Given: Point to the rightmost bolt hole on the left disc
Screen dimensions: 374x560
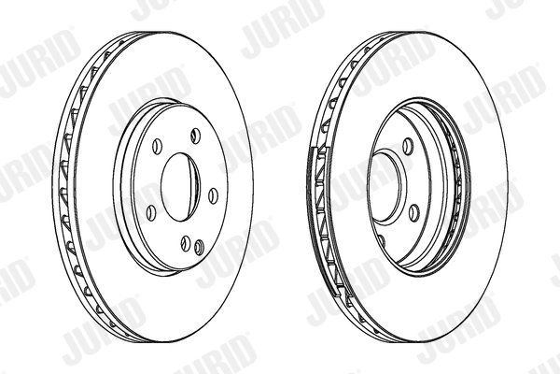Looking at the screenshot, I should click(x=212, y=194).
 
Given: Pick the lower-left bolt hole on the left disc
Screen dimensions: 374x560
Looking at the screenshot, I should click(x=150, y=211).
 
